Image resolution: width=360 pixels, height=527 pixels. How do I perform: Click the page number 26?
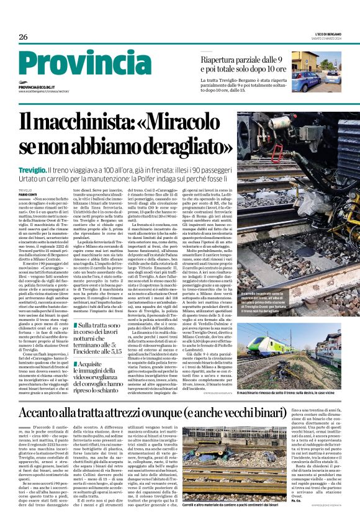[24, 37]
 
